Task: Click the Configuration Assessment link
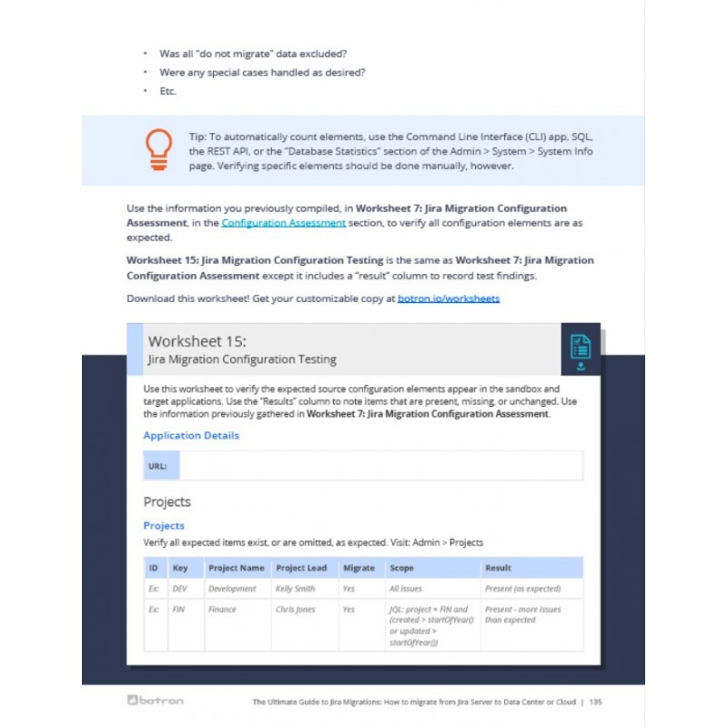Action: [x=283, y=222]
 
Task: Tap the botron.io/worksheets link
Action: [x=449, y=298]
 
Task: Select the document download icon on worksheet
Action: [x=580, y=351]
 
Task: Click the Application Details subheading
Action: [x=191, y=435]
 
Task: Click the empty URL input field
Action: [x=380, y=466]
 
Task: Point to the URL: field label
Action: [x=157, y=466]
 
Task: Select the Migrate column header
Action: [x=359, y=568]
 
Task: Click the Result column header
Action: [x=498, y=568]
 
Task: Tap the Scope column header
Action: [x=401, y=568]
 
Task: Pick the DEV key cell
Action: [x=179, y=589]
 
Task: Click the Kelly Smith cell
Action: [x=296, y=589]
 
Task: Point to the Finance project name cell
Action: [x=222, y=610]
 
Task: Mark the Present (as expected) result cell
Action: [x=522, y=589]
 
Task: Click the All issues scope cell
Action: [x=406, y=589]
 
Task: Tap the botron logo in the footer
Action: [x=157, y=702]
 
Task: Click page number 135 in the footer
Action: [x=595, y=703]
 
